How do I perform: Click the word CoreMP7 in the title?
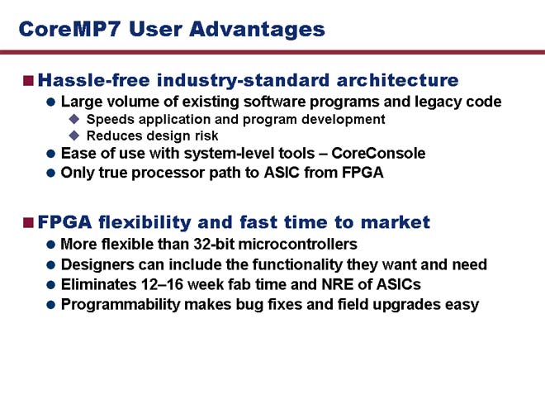pos(69,29)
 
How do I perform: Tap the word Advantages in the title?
pos(257,30)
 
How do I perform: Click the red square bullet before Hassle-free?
pos(28,81)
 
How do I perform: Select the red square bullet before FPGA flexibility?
pos(28,222)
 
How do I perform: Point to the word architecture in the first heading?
pos(397,80)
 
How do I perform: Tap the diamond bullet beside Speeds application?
pos(74,119)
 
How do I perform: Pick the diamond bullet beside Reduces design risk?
pos(74,136)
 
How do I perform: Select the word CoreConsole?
pos(378,154)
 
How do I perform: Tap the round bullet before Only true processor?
pos(50,173)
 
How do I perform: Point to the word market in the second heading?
pos(396,222)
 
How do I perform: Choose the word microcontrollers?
pos(297,244)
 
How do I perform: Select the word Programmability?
pos(121,305)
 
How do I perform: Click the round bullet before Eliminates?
pos(50,285)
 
